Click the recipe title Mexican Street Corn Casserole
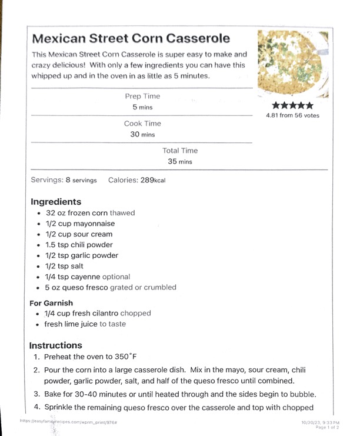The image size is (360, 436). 131,39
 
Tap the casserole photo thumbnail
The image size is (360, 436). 292,63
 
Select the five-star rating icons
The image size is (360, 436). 292,106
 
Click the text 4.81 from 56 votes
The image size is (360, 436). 292,115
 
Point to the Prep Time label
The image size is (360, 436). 142,96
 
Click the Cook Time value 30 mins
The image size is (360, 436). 142,134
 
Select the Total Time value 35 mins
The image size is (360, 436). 180,161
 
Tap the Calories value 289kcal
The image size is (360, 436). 153,180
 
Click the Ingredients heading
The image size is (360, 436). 56,201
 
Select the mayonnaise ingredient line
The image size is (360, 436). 80,224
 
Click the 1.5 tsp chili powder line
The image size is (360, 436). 79,245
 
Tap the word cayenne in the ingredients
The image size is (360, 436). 86,277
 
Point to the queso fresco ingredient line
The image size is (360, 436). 111,288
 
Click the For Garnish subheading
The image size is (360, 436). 51,303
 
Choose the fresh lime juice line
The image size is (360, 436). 85,324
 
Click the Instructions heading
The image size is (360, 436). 56,345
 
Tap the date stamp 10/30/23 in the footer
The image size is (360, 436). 312,422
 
